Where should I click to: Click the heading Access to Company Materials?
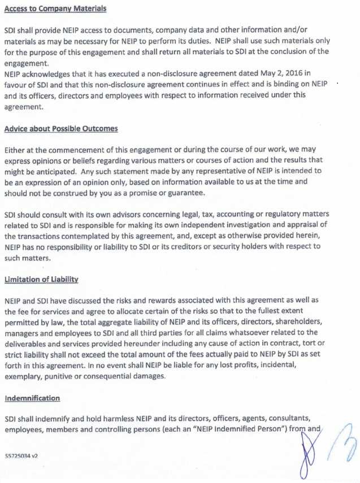pos(55,9)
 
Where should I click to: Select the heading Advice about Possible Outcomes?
pos(61,129)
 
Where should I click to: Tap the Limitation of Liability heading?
pos(41,280)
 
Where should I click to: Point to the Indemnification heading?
pos(32,398)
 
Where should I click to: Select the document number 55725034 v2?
pos(21,455)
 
